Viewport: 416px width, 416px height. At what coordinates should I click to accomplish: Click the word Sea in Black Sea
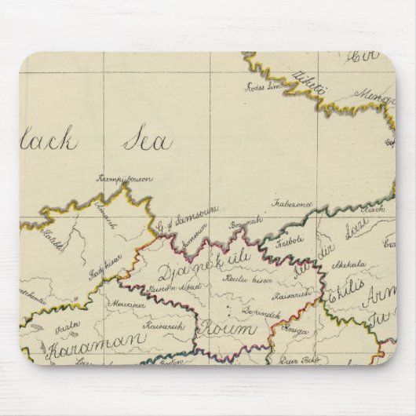[x=147, y=142]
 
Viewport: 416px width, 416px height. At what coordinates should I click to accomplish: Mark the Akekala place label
[x=351, y=265]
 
